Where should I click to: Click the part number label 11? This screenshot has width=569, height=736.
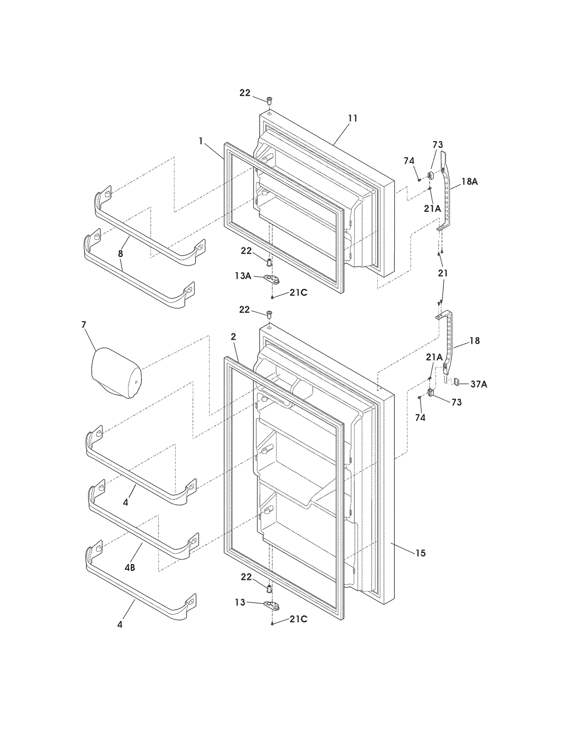tap(352, 118)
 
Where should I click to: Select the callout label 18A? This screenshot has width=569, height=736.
tap(469, 182)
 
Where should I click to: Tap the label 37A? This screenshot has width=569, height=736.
tap(479, 384)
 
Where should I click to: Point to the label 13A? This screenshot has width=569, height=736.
tap(243, 276)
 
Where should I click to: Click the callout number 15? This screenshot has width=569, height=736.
tap(420, 553)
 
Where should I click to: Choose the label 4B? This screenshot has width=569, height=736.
tap(130, 568)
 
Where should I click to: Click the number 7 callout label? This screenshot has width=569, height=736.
tap(84, 324)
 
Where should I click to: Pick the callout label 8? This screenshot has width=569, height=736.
tap(121, 253)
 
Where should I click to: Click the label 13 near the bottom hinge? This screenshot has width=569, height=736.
tap(240, 602)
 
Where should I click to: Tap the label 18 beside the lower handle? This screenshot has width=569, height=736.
tap(474, 340)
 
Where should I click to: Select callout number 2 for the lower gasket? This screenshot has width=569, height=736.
tap(233, 337)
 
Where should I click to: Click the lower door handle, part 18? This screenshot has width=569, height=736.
tap(448, 341)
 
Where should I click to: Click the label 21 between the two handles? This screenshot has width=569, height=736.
tap(443, 273)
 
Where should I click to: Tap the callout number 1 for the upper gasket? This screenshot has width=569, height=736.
tap(201, 141)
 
